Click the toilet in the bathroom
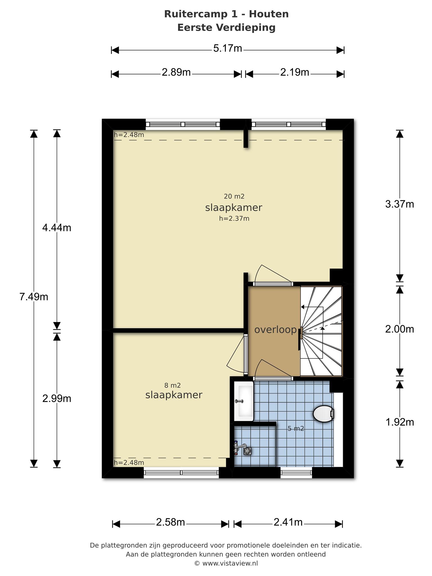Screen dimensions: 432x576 pyautogui.click(x=324, y=414)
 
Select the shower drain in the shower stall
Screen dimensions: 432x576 pyautogui.click(x=247, y=451)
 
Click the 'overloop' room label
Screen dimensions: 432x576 pyautogui.click(x=276, y=330)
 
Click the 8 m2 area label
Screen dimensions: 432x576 pyautogui.click(x=172, y=385)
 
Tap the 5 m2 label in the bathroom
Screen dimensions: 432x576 pyautogui.click(x=296, y=429)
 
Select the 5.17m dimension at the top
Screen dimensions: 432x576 pyautogui.click(x=228, y=48)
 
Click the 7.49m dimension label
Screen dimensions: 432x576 pyautogui.click(x=34, y=297)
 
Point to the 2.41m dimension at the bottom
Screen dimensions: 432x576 pyautogui.click(x=288, y=522)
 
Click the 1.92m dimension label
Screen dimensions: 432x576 pyautogui.click(x=400, y=422)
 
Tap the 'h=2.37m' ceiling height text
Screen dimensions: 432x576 pyautogui.click(x=234, y=219)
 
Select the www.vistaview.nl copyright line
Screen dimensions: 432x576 pyautogui.click(x=226, y=563)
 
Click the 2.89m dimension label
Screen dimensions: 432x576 pyautogui.click(x=176, y=73)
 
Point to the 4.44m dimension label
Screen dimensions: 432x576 pyautogui.click(x=57, y=228)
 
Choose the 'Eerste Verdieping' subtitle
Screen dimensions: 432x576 pyautogui.click(x=226, y=28)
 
